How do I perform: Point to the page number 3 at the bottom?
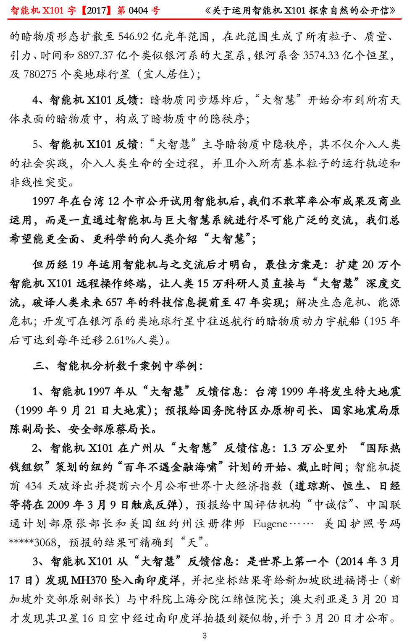click(205, 635)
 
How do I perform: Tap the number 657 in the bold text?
click(117, 302)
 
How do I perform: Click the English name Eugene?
click(270, 523)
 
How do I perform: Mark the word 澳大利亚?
click(305, 599)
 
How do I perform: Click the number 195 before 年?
click(379, 321)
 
